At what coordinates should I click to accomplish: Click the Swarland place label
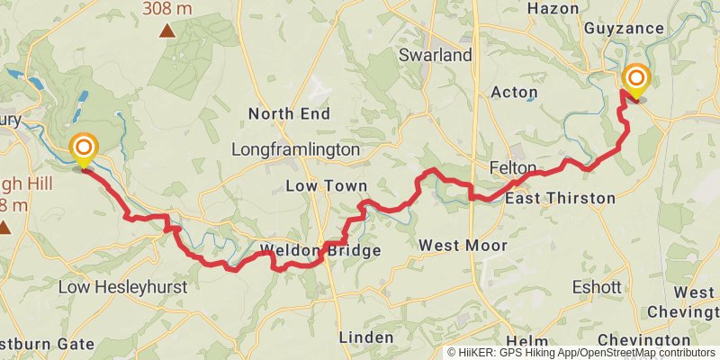[435, 56]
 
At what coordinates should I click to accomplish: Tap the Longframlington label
[295, 149]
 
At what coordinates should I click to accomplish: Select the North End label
[289, 113]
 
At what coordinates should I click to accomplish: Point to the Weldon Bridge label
[320, 250]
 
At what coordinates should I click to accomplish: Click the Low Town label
[326, 185]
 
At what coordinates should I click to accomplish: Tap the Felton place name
[513, 168]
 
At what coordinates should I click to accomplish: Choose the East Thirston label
[560, 198]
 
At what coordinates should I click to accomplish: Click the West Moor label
[463, 245]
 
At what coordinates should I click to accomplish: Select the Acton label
[514, 93]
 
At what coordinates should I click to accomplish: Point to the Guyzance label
[624, 29]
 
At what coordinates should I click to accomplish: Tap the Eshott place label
[597, 288]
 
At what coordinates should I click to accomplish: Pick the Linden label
[365, 337]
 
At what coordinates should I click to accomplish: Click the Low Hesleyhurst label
[122, 287]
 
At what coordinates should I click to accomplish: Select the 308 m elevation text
[167, 9]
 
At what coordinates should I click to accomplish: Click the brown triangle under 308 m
[167, 31]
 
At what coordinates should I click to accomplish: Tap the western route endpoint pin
[84, 149]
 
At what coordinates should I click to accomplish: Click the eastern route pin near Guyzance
[636, 81]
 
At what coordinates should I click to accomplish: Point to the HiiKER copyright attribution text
[581, 353]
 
